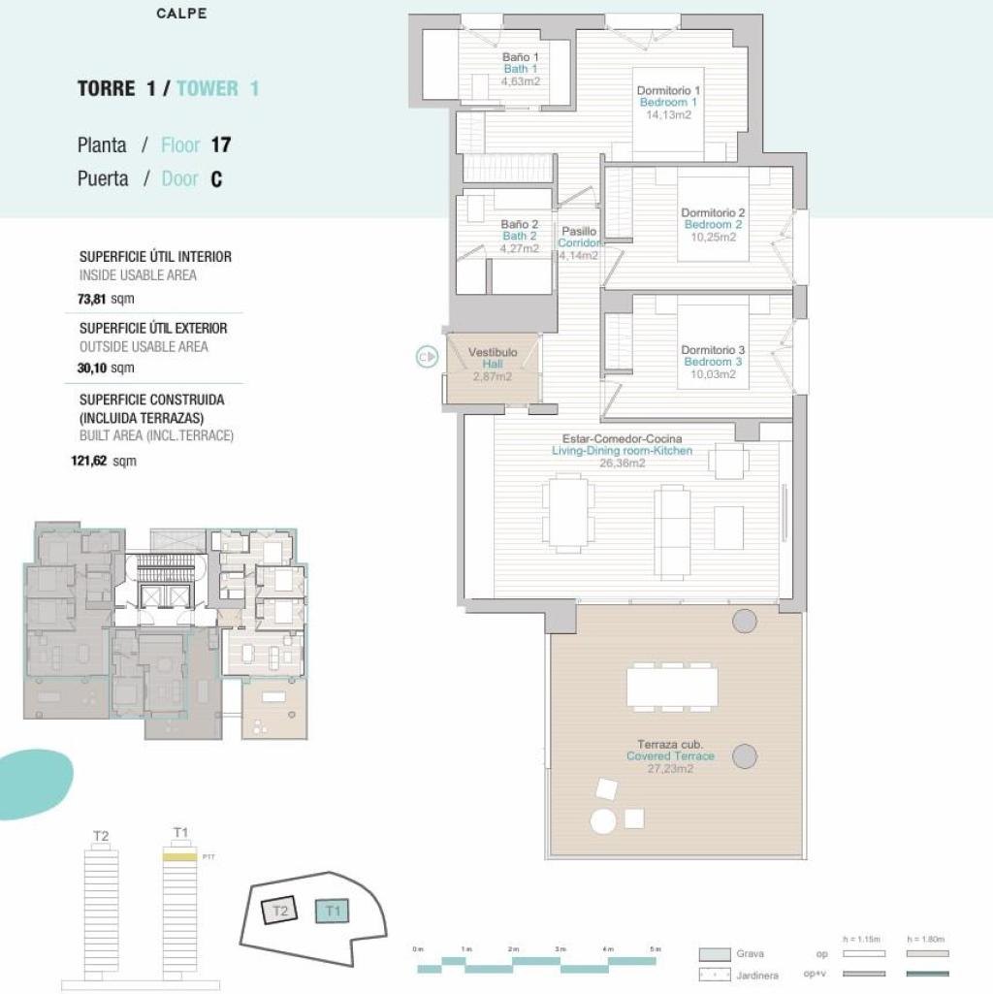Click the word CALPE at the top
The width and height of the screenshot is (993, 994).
tap(181, 14)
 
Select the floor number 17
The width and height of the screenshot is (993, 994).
tap(220, 145)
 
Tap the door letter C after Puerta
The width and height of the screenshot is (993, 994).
tap(216, 179)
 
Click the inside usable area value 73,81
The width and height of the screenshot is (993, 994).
tap(93, 300)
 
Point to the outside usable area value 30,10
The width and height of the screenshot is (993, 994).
tap(93, 368)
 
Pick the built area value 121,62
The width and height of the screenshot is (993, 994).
tap(91, 462)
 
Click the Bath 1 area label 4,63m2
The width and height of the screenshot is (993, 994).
tap(521, 81)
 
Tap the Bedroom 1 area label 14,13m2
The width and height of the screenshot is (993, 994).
tap(668, 114)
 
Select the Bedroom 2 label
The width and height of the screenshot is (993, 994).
tap(713, 225)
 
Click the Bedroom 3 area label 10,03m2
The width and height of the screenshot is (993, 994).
tap(713, 373)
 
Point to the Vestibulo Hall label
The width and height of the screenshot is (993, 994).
tap(493, 358)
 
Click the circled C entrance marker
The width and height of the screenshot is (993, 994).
tap(425, 358)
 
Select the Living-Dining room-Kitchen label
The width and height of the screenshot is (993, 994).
tap(622, 451)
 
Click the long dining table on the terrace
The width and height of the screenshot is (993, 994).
tap(672, 687)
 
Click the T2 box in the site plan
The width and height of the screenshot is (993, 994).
tap(281, 911)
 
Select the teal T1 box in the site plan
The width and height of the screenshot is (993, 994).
tap(333, 911)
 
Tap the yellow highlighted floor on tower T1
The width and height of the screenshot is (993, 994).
tap(178, 857)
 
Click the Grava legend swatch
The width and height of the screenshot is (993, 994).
tap(715, 954)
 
